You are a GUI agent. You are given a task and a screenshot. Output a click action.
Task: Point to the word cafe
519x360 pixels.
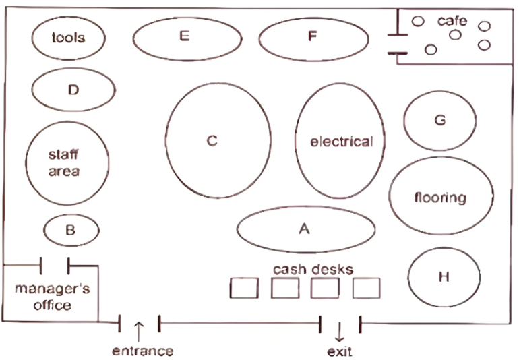coord(452,21)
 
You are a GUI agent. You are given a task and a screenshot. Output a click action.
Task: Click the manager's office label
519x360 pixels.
coord(53,297)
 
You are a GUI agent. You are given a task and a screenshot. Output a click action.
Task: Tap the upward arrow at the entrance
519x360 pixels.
coord(139,332)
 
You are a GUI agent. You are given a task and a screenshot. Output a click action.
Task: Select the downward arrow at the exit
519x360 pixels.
coord(339,332)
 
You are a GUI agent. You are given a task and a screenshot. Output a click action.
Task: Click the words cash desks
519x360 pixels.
coord(313,270)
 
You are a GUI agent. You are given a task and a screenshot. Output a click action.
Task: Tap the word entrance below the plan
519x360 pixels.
coord(143,351)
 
